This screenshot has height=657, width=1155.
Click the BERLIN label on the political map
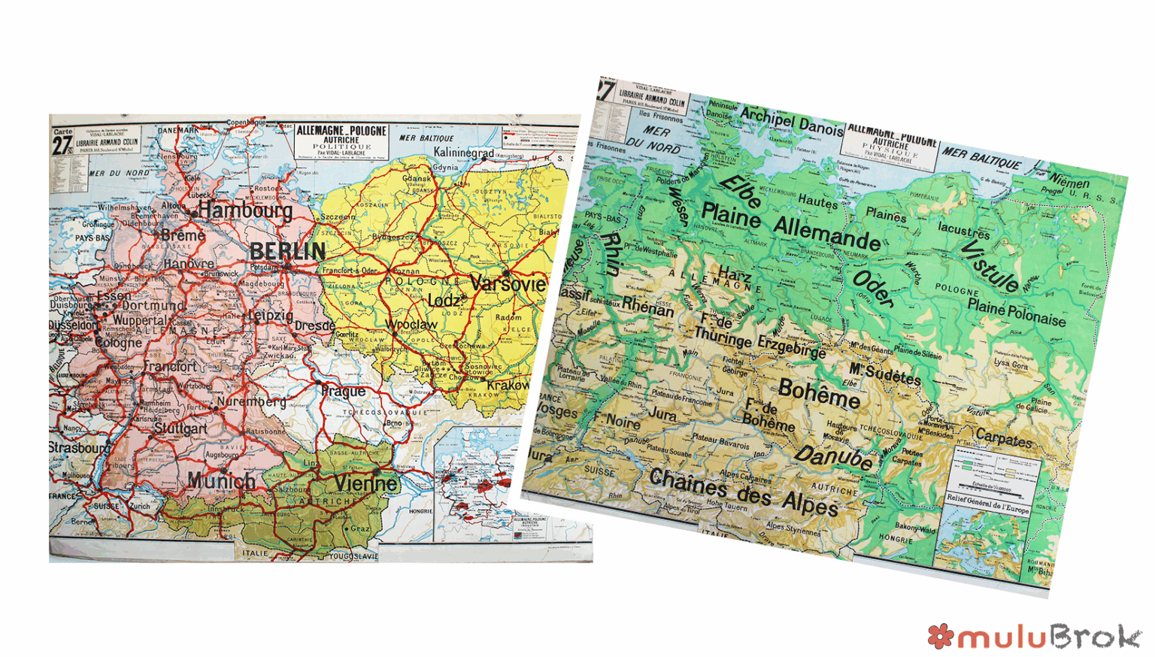(287, 251)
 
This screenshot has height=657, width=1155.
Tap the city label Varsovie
(508, 284)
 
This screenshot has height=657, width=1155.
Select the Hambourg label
(245, 210)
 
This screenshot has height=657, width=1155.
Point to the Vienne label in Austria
(366, 483)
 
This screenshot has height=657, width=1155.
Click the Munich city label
(221, 480)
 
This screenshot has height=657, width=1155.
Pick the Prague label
(343, 391)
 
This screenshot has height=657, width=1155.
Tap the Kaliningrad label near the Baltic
(463, 153)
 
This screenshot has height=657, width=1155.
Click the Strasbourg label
(78, 447)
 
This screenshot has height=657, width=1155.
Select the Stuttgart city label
(180, 428)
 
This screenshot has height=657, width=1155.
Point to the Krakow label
(508, 385)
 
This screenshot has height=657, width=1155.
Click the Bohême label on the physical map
(819, 393)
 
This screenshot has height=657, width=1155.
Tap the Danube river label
(835, 456)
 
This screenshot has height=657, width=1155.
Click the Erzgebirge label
(791, 347)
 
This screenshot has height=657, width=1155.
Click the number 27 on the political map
(61, 145)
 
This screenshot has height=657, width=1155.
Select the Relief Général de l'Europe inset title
(988, 503)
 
